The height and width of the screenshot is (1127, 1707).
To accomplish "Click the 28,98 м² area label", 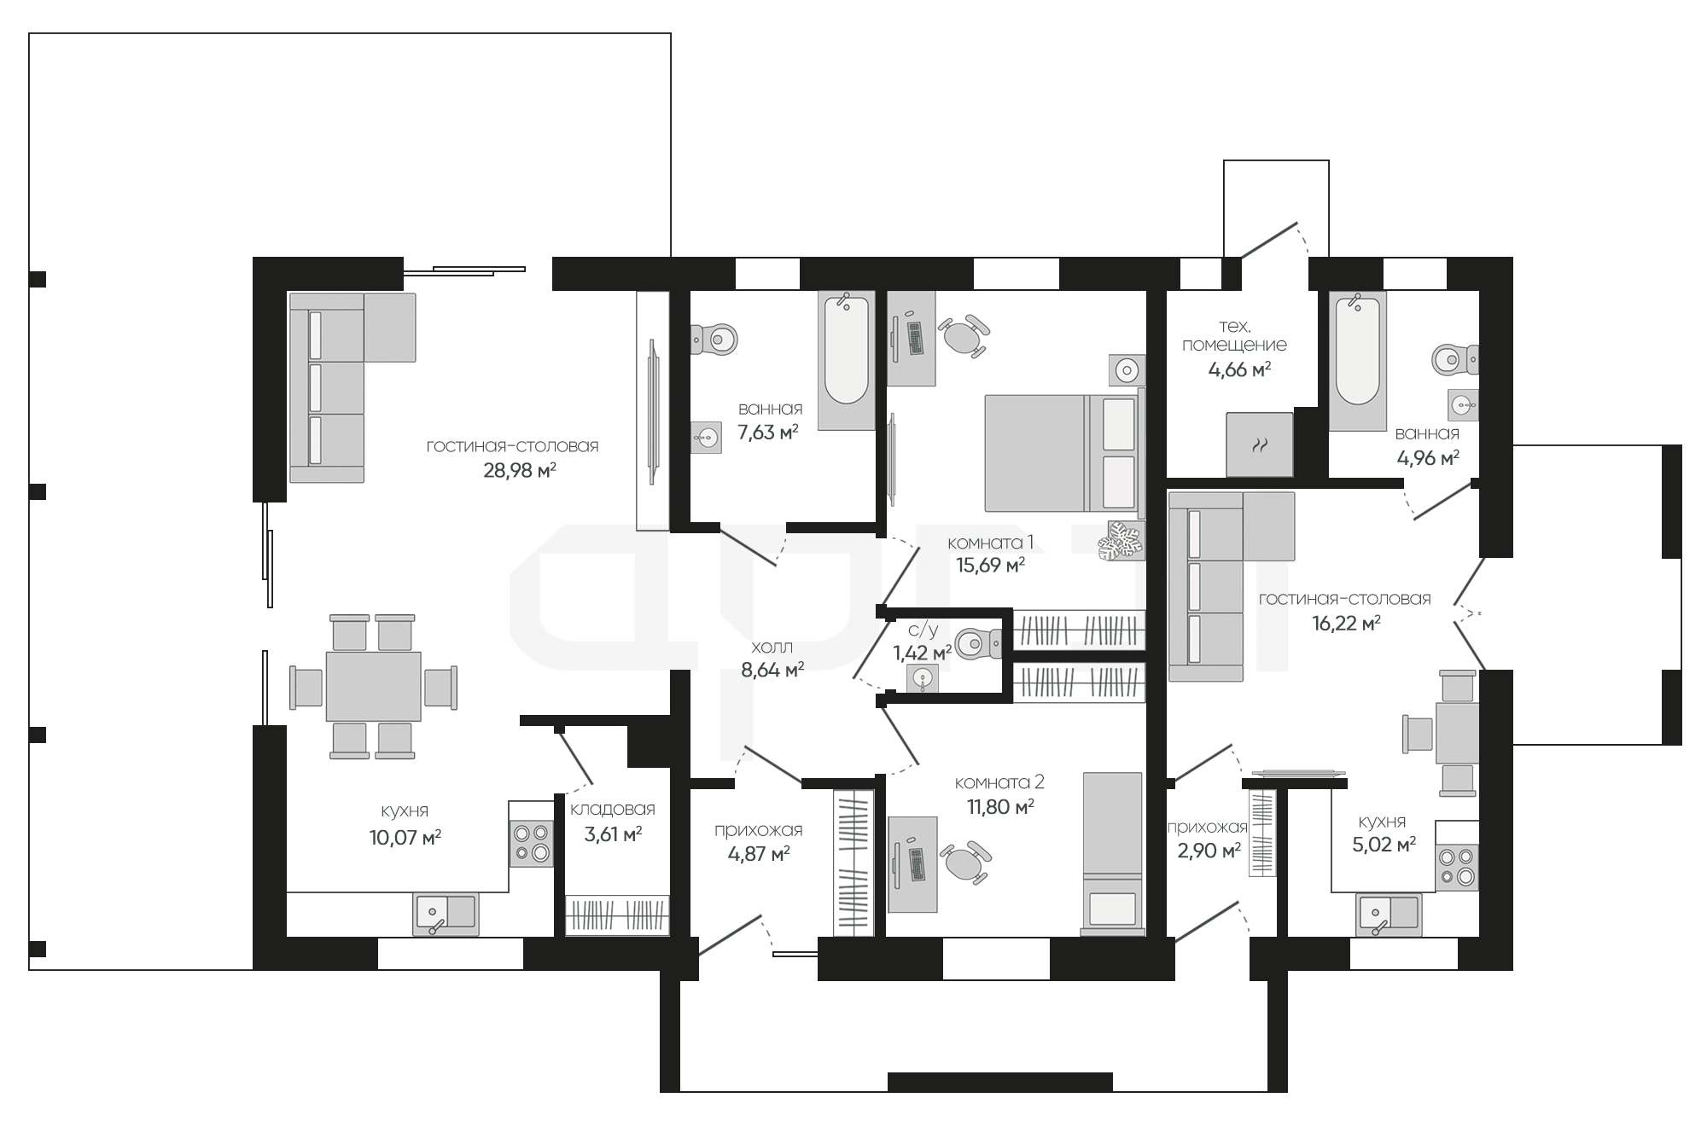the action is (x=520, y=470).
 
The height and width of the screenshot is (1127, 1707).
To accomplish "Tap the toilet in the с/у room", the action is (x=978, y=643).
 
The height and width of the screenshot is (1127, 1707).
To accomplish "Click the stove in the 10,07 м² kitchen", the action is (x=531, y=844).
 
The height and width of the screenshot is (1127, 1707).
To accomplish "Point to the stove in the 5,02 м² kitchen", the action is (x=1456, y=868).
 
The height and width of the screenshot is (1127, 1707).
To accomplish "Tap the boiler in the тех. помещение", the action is (x=1260, y=444).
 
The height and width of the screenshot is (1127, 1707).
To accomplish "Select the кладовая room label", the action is (x=613, y=809).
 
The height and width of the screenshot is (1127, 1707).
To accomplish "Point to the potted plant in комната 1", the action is (x=1121, y=541).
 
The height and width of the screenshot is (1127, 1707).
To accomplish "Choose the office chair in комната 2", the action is (x=966, y=863).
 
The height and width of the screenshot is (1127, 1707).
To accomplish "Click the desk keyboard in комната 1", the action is (x=916, y=339).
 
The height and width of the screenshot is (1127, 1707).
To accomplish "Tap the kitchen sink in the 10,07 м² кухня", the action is (x=446, y=914).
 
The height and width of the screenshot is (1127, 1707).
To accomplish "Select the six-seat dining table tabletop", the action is (x=373, y=687).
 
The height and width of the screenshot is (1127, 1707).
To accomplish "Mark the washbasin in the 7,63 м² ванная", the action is (x=706, y=438).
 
